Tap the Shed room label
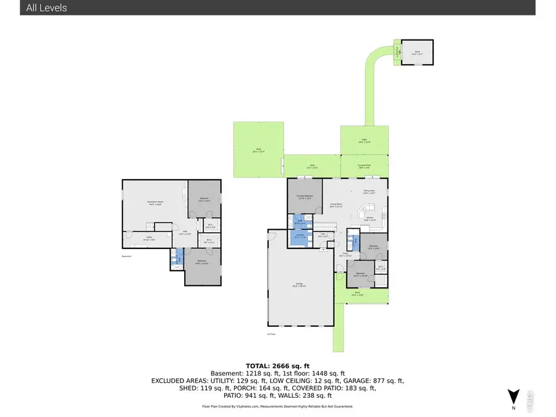pyautogui.click(x=417, y=51)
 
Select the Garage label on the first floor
pyautogui.click(x=300, y=285)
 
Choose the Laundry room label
pyautogui.click(x=300, y=236)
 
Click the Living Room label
pyautogui.click(x=337, y=204)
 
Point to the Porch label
pyautogui.click(x=357, y=294)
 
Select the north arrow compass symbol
pyautogui.click(x=512, y=396)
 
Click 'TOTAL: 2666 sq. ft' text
pyautogui.click(x=277, y=365)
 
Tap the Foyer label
pyautogui.click(x=347, y=255)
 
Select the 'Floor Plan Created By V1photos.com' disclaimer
pyautogui.click(x=277, y=406)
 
